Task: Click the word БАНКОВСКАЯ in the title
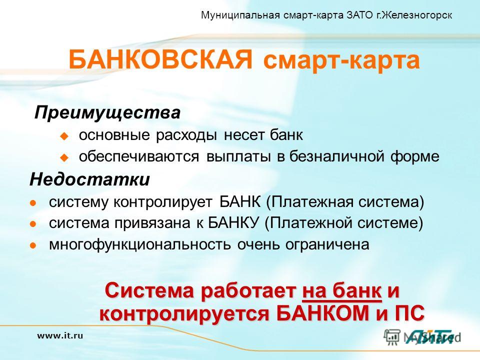click(x=160, y=59)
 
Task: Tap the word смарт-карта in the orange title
click(x=341, y=60)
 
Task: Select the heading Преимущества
click(x=107, y=112)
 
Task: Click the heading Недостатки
click(x=89, y=179)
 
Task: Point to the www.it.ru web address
click(x=60, y=335)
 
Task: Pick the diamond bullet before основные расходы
click(x=64, y=135)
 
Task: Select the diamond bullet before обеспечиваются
click(x=64, y=157)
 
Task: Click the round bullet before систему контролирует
click(x=33, y=202)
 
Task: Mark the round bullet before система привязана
click(x=33, y=224)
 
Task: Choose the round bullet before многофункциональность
click(x=33, y=245)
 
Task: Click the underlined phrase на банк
click(x=341, y=291)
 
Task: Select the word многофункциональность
click(x=140, y=244)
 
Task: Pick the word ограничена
click(x=327, y=244)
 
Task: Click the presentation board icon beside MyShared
click(x=392, y=337)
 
